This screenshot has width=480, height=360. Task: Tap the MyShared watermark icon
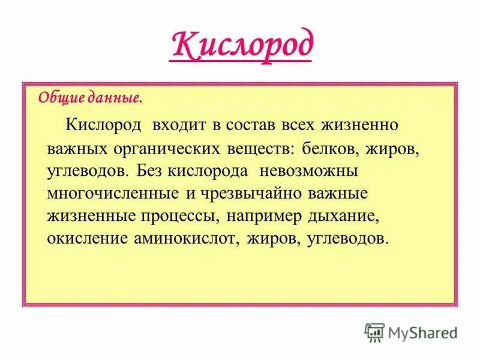point(374,331)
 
